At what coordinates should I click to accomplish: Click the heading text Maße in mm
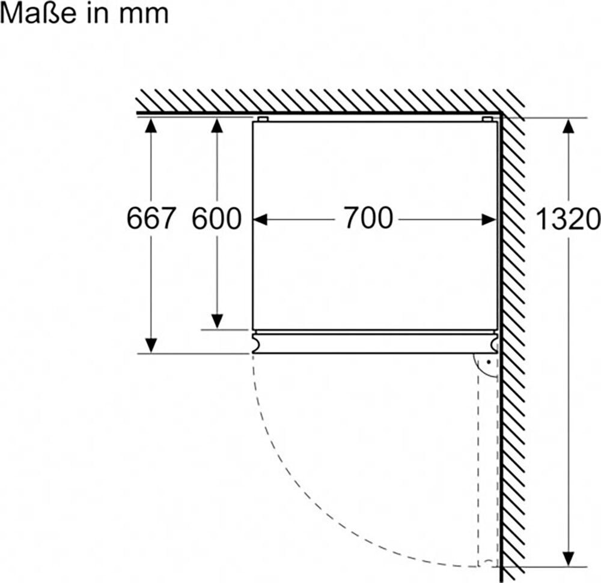[x=84, y=13]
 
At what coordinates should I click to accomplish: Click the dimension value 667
[x=151, y=219]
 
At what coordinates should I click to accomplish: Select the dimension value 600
[x=216, y=219]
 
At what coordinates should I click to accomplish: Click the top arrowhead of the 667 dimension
[x=151, y=125]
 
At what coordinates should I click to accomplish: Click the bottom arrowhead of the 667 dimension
[x=151, y=345]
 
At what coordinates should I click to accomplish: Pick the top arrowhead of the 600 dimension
[x=218, y=125]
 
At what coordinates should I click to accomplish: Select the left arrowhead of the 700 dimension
[x=260, y=220]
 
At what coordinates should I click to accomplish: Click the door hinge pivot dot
[x=489, y=363]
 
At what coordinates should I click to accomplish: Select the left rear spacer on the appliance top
[x=263, y=119]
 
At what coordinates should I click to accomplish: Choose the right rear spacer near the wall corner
[x=487, y=119]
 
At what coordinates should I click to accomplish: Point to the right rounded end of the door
[x=493, y=342]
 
